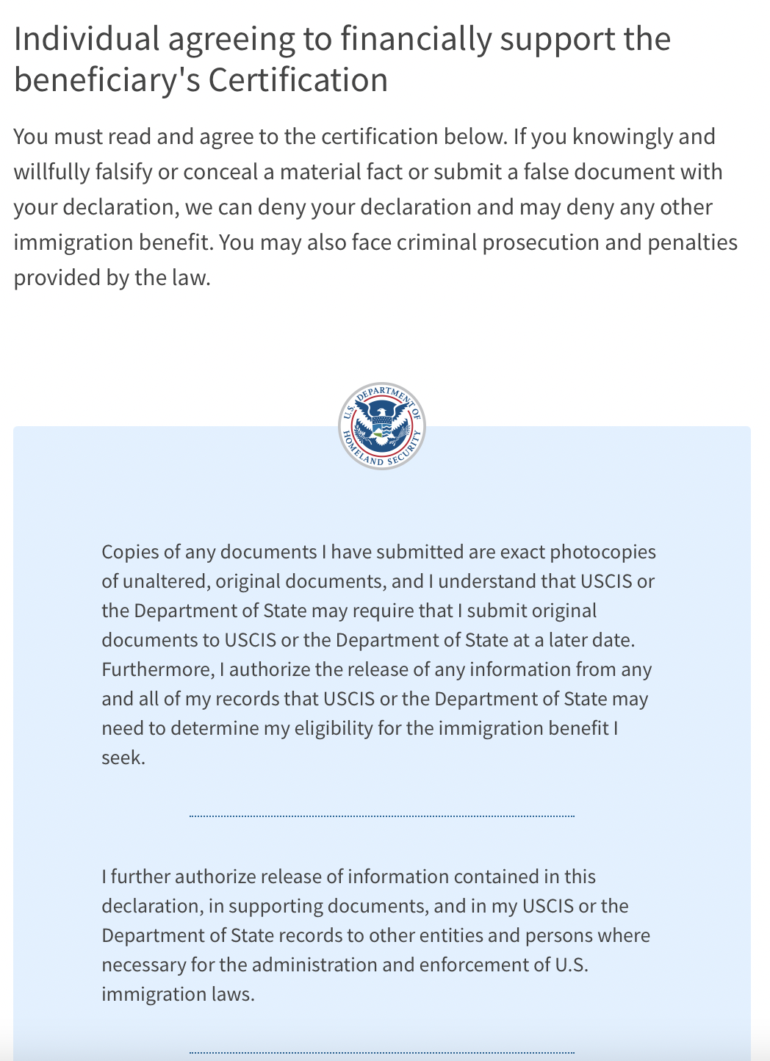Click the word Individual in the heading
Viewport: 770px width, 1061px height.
tap(87, 40)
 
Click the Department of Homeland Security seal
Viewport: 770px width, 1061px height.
tap(382, 426)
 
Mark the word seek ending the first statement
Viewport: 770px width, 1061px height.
tap(122, 758)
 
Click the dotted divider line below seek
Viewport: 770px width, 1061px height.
tap(382, 816)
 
